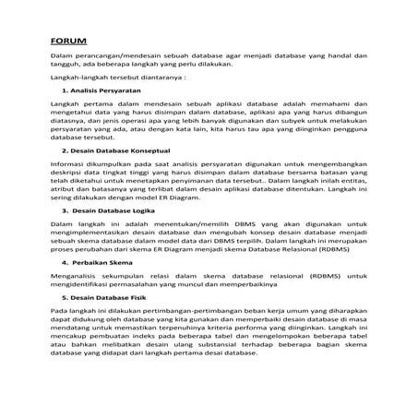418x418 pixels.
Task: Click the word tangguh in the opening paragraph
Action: point(64,66)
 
